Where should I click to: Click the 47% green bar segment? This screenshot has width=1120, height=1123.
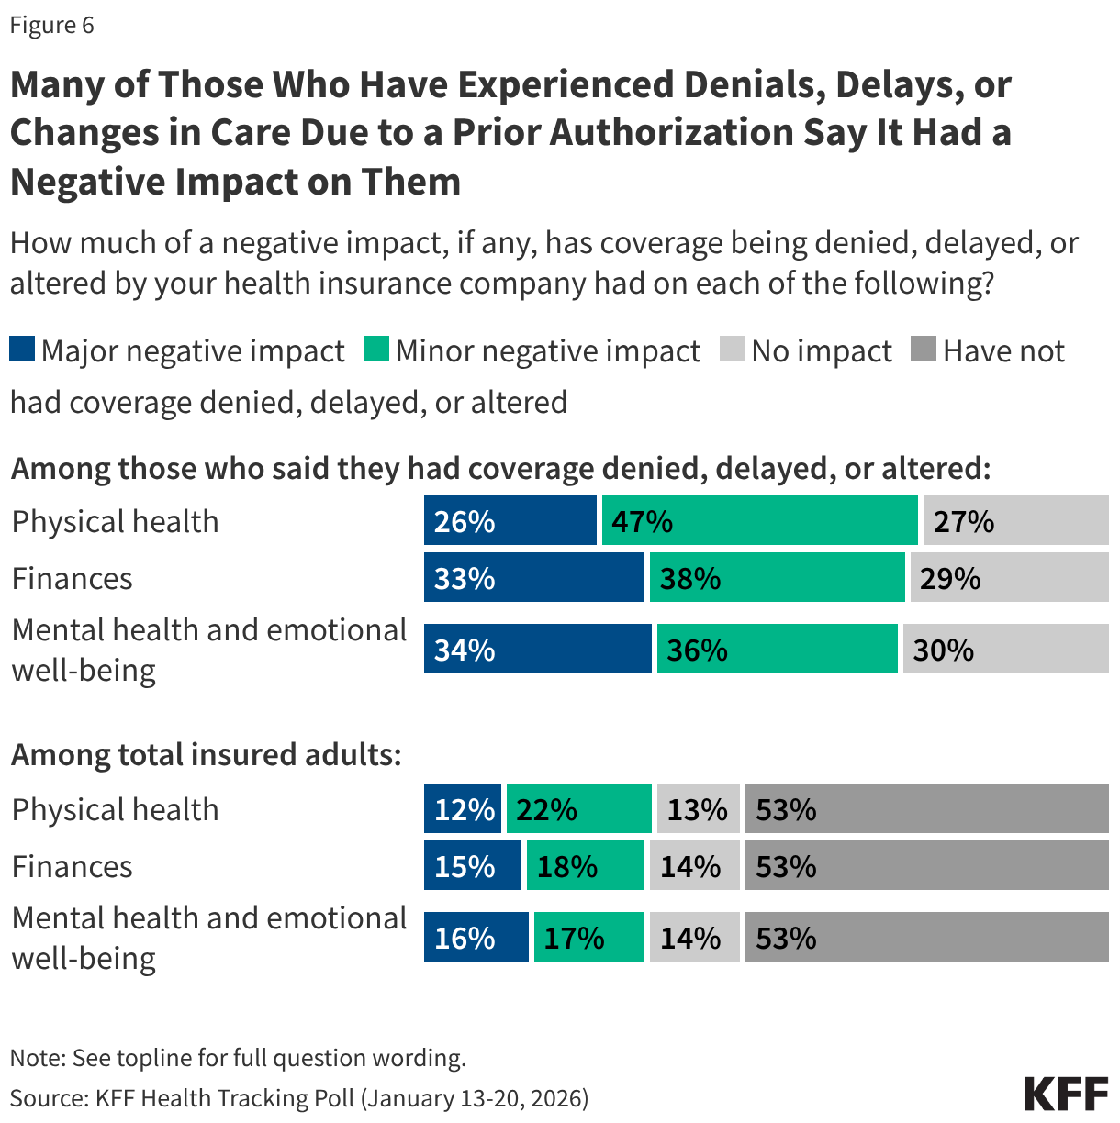pyautogui.click(x=759, y=521)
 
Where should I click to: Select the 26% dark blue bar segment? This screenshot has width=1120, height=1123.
pyautogui.click(x=510, y=521)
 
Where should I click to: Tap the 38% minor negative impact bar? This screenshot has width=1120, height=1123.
pyautogui.click(x=777, y=578)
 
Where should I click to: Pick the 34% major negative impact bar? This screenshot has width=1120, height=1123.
pyautogui.click(x=537, y=650)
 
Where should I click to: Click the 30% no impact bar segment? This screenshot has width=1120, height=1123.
pyautogui.click(x=1005, y=650)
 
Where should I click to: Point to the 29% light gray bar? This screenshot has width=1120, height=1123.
pyautogui.click(x=1009, y=578)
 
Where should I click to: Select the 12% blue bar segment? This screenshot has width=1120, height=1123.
pyautogui.click(x=463, y=809)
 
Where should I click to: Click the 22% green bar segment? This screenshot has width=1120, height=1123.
pyautogui.click(x=578, y=809)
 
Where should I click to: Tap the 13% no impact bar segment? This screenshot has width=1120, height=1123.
pyautogui.click(x=698, y=809)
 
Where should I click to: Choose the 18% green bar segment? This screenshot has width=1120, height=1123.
pyautogui.click(x=585, y=866)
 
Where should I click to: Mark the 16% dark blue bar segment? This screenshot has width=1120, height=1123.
pyautogui.click(x=476, y=938)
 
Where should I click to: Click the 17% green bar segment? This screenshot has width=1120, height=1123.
pyautogui.click(x=588, y=938)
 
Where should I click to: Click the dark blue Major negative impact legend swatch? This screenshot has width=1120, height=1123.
pyautogui.click(x=22, y=350)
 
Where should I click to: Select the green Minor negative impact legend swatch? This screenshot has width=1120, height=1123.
pyautogui.click(x=376, y=350)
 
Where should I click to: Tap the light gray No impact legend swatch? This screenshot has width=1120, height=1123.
pyautogui.click(x=732, y=350)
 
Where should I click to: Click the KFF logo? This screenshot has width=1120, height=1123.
pyautogui.click(x=1066, y=1094)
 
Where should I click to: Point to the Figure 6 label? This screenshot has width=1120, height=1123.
pyautogui.click(x=51, y=25)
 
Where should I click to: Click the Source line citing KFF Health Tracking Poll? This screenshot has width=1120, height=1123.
pyautogui.click(x=299, y=1098)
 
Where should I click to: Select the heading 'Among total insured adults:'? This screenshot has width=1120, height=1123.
pyautogui.click(x=207, y=754)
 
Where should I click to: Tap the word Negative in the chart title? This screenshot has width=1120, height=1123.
pyautogui.click(x=87, y=182)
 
